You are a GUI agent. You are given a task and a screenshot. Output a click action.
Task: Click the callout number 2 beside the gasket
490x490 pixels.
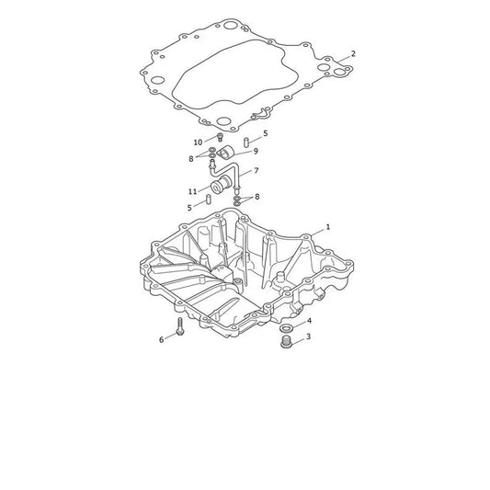[x=353, y=53]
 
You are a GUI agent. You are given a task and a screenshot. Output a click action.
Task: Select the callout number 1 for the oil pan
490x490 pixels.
[x=328, y=227]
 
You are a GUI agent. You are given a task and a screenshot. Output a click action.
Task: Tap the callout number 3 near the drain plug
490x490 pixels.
[x=309, y=336]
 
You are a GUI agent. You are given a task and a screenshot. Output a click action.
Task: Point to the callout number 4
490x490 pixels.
[x=309, y=321]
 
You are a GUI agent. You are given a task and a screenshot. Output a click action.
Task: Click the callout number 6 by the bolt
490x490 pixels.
[x=161, y=339]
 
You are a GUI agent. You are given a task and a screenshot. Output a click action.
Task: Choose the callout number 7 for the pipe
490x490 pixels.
[x=256, y=171]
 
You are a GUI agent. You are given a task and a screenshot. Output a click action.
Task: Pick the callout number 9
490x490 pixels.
[x=256, y=152]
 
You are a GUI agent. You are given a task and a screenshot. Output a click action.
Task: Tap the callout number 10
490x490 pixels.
[x=198, y=142]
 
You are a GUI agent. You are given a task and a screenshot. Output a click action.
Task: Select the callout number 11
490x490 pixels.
[x=192, y=191]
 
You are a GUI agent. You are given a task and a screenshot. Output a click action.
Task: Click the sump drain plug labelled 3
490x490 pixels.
[x=286, y=342]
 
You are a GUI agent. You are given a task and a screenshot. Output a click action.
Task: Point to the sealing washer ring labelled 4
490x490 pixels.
[x=286, y=328]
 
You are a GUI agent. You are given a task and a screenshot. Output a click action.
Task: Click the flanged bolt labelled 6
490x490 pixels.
[x=179, y=327]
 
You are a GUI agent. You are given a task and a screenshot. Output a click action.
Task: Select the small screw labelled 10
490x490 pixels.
[x=220, y=137]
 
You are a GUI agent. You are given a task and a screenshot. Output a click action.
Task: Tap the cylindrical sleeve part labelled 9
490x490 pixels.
[x=225, y=152]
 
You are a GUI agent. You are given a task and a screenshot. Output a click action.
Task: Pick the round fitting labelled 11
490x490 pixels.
[x=220, y=185]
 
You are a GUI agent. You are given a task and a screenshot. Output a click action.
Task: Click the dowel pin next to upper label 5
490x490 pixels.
[x=246, y=142]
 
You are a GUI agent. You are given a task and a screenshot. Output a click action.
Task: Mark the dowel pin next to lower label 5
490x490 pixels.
[x=208, y=199]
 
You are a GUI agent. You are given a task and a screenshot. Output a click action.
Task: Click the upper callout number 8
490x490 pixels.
[x=191, y=159]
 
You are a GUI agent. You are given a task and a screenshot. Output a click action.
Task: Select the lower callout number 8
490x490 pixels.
[x=256, y=197]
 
